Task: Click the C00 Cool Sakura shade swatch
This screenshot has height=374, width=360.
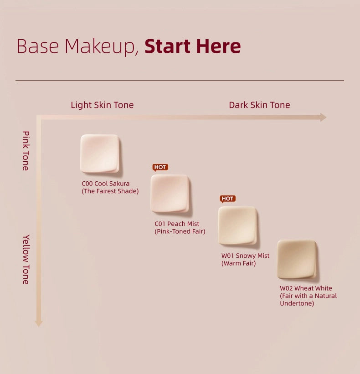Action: [100, 154]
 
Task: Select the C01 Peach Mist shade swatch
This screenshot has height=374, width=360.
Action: [170, 194]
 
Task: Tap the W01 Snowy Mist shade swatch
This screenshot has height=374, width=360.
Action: [237, 225]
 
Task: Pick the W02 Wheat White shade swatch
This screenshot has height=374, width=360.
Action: [297, 259]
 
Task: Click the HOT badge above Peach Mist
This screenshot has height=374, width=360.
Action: [160, 167]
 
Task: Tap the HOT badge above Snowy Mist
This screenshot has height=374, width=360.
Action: [227, 199]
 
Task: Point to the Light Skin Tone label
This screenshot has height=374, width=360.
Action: [102, 105]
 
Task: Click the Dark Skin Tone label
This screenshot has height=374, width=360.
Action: [259, 105]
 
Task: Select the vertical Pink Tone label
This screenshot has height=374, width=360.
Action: [26, 151]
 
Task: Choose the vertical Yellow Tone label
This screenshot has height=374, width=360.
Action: [26, 260]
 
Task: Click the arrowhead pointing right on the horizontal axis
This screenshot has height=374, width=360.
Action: [323, 117]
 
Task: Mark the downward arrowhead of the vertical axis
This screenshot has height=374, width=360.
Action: [39, 323]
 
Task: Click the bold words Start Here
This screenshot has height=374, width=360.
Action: [192, 46]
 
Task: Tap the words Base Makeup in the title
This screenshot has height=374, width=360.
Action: [77, 46]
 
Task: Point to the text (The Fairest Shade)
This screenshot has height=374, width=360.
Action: [110, 191]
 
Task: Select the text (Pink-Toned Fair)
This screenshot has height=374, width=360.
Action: [180, 231]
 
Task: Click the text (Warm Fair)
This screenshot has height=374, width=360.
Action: [239, 263]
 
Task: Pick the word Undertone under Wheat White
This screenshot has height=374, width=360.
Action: [297, 303]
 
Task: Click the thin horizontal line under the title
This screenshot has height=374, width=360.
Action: [180, 81]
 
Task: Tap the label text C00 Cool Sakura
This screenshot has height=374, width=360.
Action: [105, 184]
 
